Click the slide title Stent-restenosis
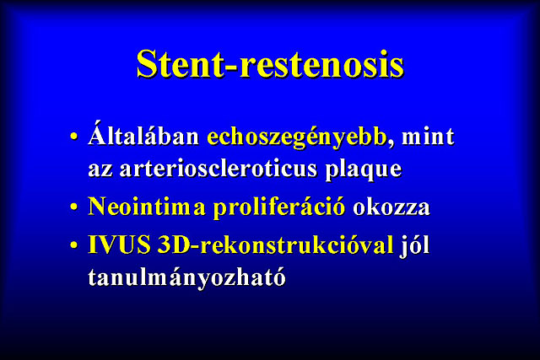[270, 65]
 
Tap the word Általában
[143, 134]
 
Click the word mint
[428, 137]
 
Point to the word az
[100, 170]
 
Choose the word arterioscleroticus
[218, 169]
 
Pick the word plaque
[364, 170]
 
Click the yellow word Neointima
[147, 207]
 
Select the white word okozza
[391, 208]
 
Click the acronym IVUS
[119, 244]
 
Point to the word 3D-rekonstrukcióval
[275, 244]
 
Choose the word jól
[414, 245]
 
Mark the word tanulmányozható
[186, 277]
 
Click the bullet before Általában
[73, 137]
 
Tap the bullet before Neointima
[73, 207]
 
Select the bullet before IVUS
[73, 245]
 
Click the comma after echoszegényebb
[391, 143]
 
